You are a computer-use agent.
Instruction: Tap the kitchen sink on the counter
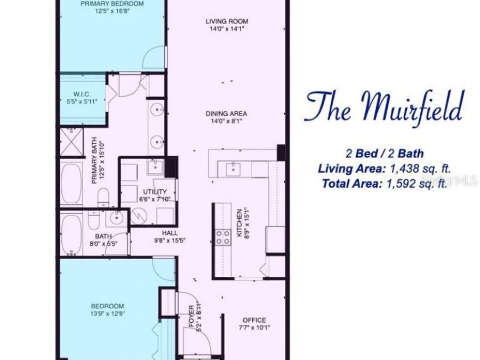[233, 169]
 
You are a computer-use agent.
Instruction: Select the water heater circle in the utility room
[139, 215]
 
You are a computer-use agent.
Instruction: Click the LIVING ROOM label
[227, 21]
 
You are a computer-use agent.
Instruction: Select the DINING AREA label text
[227, 113]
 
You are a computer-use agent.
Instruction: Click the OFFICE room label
[254, 321]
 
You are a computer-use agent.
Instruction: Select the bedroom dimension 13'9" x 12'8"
[107, 314]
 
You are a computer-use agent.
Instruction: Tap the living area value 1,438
[409, 169]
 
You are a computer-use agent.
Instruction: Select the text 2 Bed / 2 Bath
[385, 154]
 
